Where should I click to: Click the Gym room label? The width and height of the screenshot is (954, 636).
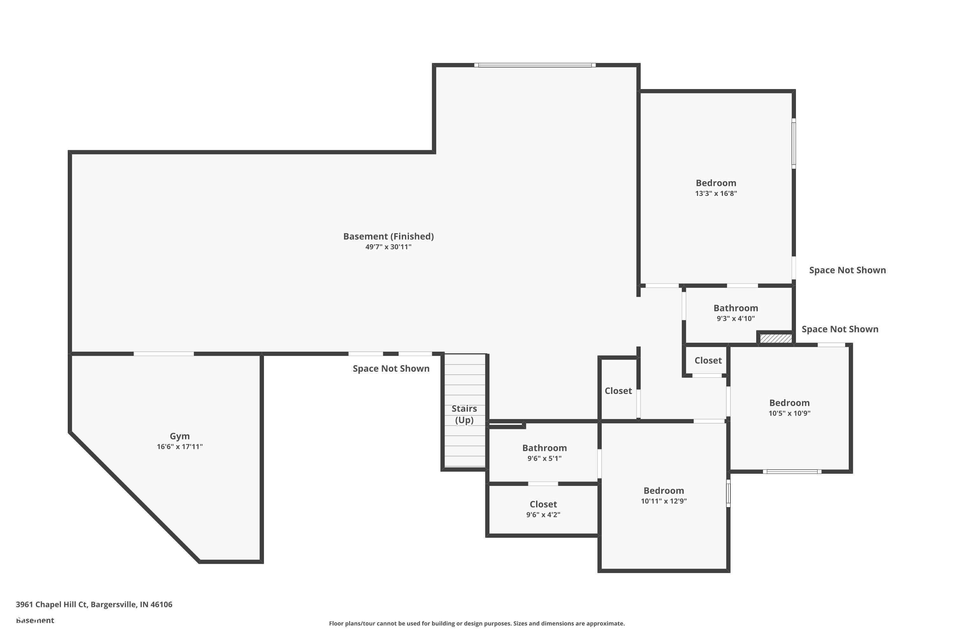point(179,436)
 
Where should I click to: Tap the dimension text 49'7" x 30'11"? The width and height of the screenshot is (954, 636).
point(388,247)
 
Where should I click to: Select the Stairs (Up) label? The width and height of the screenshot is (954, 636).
point(464,414)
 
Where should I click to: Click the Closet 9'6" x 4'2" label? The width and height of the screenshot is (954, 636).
point(543,504)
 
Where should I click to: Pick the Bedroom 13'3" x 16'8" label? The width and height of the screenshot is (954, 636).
point(716,183)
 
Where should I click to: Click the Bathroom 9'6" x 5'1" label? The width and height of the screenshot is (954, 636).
point(544,448)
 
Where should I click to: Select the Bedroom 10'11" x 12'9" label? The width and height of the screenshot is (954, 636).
point(664,490)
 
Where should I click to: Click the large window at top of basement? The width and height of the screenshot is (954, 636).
point(535,65)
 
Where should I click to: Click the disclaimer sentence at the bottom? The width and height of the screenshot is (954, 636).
point(477,623)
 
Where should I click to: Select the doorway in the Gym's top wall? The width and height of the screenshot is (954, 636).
point(163,354)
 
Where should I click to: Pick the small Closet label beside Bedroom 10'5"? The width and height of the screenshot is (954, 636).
point(708,360)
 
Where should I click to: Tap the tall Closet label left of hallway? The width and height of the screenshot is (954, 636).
point(618,391)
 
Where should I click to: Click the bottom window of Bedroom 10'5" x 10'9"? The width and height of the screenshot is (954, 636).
point(792,471)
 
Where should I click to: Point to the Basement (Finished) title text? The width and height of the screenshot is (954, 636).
point(388,236)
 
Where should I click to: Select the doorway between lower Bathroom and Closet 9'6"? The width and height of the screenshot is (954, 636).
point(543,483)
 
